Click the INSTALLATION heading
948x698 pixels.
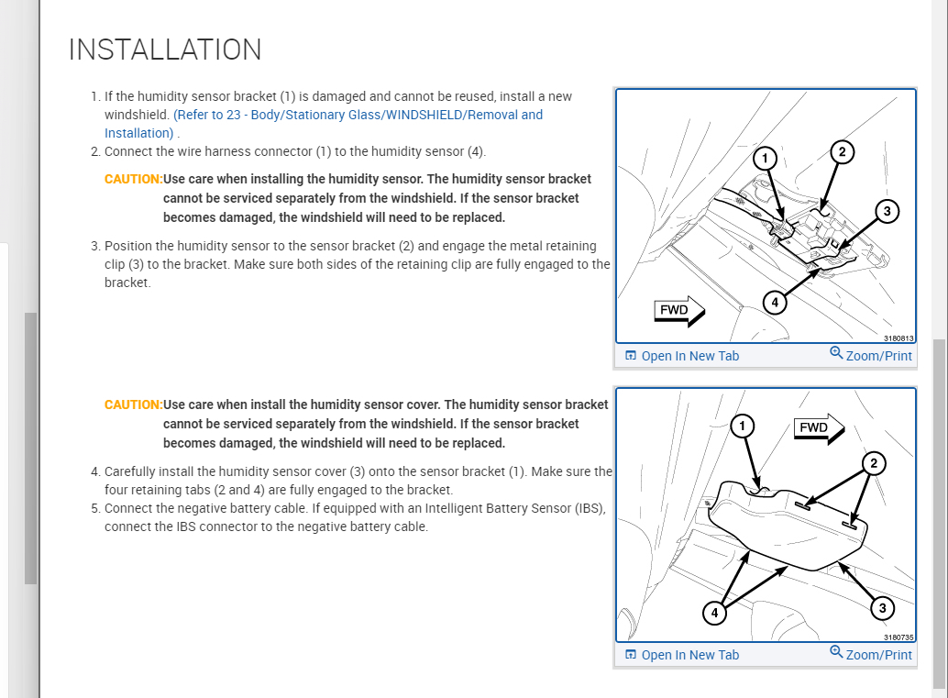(x=165, y=50)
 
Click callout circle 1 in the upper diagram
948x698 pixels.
(x=765, y=159)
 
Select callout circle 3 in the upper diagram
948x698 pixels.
(x=886, y=212)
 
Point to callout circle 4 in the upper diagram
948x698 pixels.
(x=776, y=301)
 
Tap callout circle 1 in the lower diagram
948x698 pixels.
(x=744, y=426)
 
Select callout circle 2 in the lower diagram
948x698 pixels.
(x=874, y=464)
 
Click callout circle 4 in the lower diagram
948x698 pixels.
(x=714, y=613)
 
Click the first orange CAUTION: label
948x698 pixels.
(x=133, y=179)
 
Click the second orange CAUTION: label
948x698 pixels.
(x=133, y=404)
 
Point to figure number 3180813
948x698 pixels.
(x=898, y=338)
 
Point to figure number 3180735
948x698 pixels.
(x=898, y=637)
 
